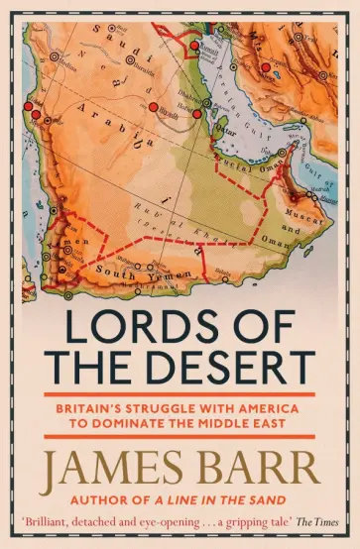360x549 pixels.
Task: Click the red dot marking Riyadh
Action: pos(154,106)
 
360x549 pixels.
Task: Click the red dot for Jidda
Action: pos(37,115)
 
